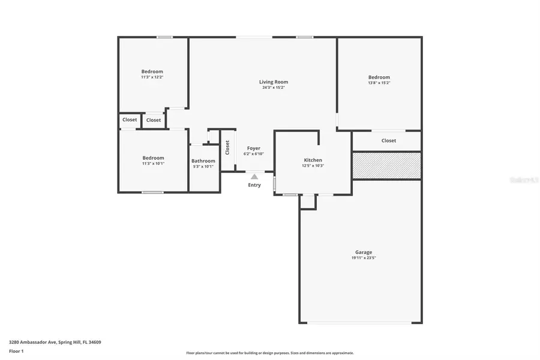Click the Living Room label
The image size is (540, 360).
[273, 82]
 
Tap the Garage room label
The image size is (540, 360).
[363, 252]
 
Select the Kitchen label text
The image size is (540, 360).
[313, 160]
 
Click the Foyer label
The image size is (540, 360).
[253, 148]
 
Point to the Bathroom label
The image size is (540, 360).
[203, 161]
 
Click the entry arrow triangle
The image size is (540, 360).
[254, 176]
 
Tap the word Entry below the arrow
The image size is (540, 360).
[254, 185]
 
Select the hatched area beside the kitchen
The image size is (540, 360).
[386, 165]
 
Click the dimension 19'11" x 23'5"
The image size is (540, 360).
[363, 258]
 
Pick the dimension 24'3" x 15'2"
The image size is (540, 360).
[273, 88]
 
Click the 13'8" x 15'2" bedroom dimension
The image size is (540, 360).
[379, 83]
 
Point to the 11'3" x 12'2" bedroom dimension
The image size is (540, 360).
[152, 77]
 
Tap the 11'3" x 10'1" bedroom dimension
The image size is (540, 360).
[153, 163]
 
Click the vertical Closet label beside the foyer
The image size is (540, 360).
[227, 148]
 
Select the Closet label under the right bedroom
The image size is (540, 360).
[388, 140]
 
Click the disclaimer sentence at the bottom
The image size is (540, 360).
[269, 353]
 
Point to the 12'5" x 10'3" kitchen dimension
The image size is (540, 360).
[313, 166]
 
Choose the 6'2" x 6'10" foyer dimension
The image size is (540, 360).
[253, 154]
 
